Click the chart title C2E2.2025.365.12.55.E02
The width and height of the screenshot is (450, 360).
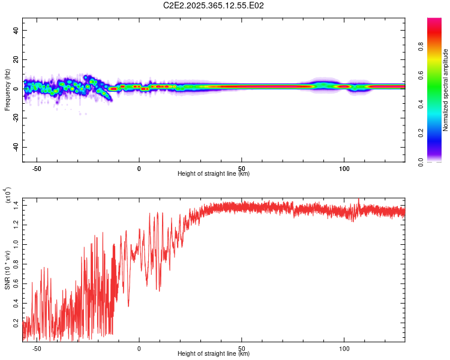coord(214,5)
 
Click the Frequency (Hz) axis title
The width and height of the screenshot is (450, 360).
coord(7,89)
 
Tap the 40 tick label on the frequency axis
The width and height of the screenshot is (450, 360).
coord(16,31)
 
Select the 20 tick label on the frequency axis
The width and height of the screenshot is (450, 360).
coord(16,60)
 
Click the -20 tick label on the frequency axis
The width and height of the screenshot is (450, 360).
coord(16,118)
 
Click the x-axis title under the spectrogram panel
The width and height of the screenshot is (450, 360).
coord(214,174)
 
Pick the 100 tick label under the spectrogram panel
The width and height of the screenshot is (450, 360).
coord(344,169)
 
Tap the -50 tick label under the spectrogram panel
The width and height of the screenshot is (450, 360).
coord(37,169)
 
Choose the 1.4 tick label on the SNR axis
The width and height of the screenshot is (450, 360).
coord(16,206)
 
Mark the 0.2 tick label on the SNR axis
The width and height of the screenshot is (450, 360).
coord(16,322)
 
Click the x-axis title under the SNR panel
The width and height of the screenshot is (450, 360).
coord(214,354)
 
